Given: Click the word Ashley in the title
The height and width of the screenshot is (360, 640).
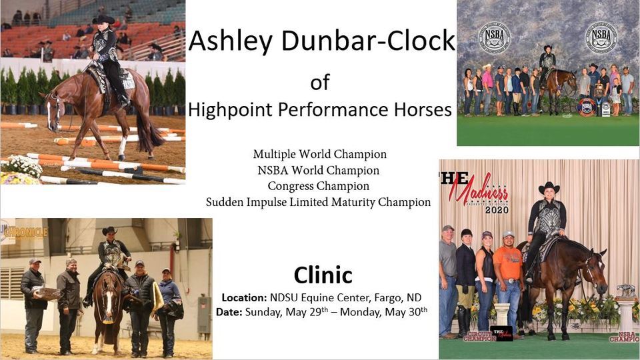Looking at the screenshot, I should pyautogui.click(x=224, y=41).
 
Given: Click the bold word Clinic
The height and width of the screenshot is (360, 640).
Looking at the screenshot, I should pyautogui.click(x=323, y=275).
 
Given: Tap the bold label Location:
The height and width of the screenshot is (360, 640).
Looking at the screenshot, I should pyautogui.click(x=244, y=297).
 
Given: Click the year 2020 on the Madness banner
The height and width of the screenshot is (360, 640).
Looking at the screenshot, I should pyautogui.click(x=497, y=209).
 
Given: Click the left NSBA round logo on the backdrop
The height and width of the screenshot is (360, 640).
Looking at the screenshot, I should pyautogui.click(x=494, y=37).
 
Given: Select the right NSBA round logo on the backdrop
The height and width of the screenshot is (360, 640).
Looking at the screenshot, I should pyautogui.click(x=601, y=37).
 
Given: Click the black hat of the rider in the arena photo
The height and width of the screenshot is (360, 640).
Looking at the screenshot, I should pyautogui.click(x=104, y=19).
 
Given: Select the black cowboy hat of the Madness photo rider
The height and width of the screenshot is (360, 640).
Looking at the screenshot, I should pyautogui.click(x=549, y=187).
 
